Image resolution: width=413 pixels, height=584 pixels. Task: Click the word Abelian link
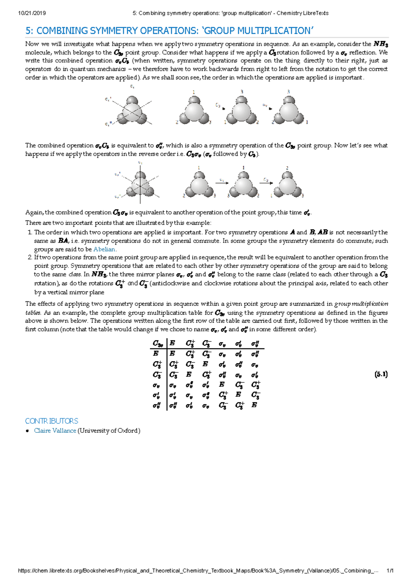click(x=105, y=249)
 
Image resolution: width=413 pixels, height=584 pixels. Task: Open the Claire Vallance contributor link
click(x=55, y=431)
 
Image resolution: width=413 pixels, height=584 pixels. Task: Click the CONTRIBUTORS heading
click(x=52, y=421)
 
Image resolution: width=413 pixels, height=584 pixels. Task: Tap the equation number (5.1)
click(x=381, y=374)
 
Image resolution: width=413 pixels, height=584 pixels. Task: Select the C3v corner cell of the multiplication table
click(x=158, y=343)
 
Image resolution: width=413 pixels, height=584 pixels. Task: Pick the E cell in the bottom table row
click(x=254, y=405)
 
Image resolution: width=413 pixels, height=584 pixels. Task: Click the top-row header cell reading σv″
click(x=255, y=343)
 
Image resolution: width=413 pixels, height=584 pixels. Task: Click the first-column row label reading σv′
click(x=156, y=395)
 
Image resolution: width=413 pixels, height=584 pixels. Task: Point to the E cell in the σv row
click(x=222, y=385)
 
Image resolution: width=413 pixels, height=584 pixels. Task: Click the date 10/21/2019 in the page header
click(x=32, y=13)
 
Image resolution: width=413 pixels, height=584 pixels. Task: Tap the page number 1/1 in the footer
click(x=390, y=571)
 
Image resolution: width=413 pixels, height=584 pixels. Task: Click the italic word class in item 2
click(x=75, y=274)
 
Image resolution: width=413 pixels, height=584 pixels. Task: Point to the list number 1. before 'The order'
click(x=30, y=232)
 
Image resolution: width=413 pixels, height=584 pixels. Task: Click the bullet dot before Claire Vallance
click(x=28, y=431)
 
